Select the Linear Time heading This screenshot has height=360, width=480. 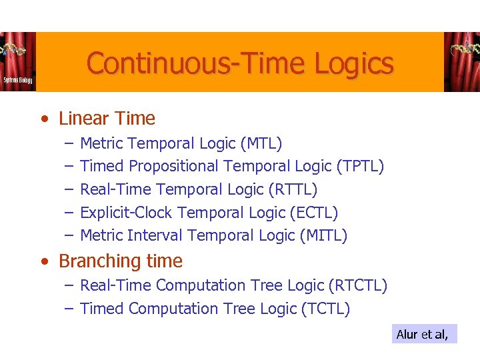(x=107, y=119)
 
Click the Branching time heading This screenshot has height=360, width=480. (x=120, y=261)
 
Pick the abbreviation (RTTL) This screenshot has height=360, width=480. (x=293, y=189)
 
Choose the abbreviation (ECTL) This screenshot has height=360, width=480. (x=313, y=213)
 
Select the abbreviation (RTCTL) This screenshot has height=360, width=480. (x=358, y=285)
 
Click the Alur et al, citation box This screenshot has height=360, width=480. (x=424, y=334)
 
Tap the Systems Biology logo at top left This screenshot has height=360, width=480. (x=17, y=62)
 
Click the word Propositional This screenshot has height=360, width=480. (x=174, y=166)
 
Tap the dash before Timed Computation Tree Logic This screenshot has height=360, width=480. (x=69, y=309)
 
